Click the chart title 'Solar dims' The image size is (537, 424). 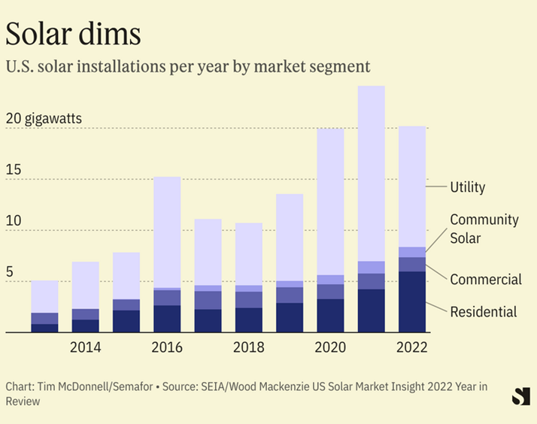[73, 34]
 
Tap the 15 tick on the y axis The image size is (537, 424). [14, 171]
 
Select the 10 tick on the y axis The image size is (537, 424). [14, 222]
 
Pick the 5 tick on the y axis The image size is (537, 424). [10, 273]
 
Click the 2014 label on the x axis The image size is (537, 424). [85, 347]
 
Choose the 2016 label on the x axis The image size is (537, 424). [166, 347]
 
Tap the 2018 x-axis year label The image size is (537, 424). [248, 347]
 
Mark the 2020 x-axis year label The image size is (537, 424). [330, 347]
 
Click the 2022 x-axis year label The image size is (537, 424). [412, 347]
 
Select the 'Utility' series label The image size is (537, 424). [468, 187]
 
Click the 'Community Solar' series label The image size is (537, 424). [484, 229]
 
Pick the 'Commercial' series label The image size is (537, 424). [485, 280]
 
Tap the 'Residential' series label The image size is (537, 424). [483, 311]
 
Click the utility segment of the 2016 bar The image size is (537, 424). [166, 232]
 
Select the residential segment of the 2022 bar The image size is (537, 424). [412, 301]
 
